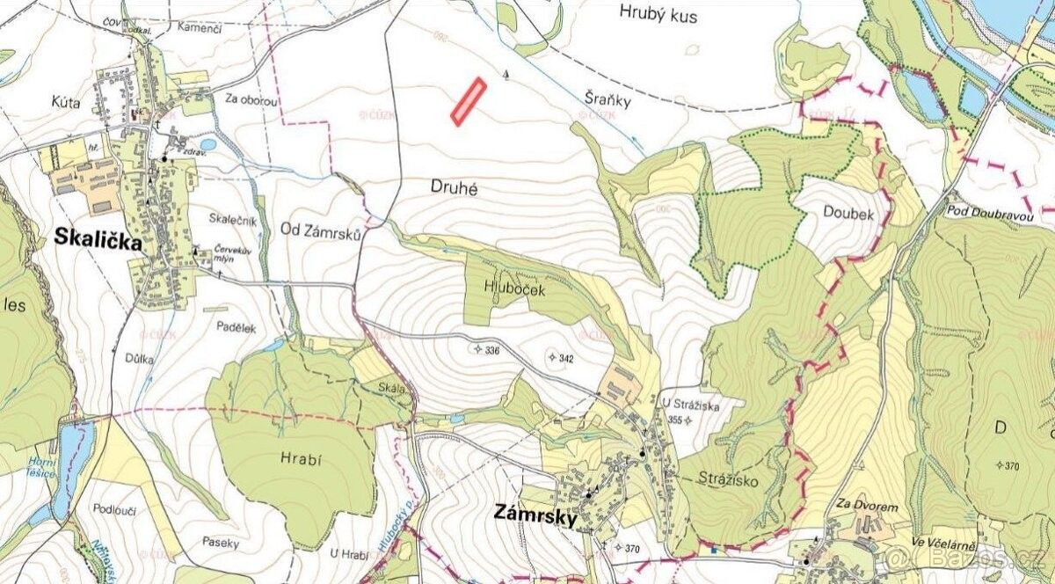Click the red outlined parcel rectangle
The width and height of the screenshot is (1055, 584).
tap(469, 101)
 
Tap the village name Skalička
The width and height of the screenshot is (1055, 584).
tap(98, 238)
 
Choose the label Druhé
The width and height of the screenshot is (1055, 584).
tap(455, 186)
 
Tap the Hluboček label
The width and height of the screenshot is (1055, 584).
tap(510, 286)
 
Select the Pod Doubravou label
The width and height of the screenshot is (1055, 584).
tap(989, 211)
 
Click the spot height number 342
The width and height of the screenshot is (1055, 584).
tap(566, 358)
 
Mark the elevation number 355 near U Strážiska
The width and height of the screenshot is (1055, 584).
tap(675, 420)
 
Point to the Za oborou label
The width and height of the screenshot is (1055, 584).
tap(251, 100)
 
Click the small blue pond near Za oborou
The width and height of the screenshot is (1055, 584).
tap(207, 144)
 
